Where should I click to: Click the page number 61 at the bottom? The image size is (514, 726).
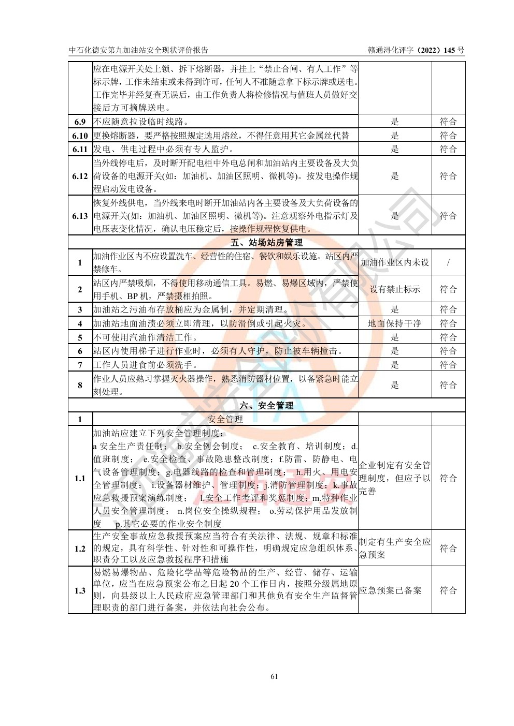tap(275, 676)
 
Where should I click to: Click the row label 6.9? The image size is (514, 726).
tap(80, 122)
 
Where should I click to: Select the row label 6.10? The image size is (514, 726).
tap(80, 136)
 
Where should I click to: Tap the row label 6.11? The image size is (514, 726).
tap(80, 149)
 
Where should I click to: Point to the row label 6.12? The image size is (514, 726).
tap(80, 176)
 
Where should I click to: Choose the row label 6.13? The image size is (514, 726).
tap(80, 216)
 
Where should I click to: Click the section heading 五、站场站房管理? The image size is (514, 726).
tap(266, 242)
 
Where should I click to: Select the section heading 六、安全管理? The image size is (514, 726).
tap(266, 406)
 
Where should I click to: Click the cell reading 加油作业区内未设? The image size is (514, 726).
tap(395, 262)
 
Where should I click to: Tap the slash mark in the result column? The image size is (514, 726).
tap(448, 262)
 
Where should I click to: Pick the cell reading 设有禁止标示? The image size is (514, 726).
tap(395, 289)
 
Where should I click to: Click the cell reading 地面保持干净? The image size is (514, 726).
tap(395, 323)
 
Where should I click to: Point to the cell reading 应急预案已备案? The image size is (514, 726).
tap(390, 590)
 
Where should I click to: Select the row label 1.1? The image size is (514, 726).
tap(80, 478)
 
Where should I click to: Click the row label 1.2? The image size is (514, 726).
tap(80, 549)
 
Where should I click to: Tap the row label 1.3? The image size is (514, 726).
tap(80, 590)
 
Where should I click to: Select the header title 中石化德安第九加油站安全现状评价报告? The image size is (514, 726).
tap(138, 50)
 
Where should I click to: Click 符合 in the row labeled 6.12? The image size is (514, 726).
tap(448, 176)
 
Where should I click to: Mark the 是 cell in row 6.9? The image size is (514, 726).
tap(395, 122)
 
